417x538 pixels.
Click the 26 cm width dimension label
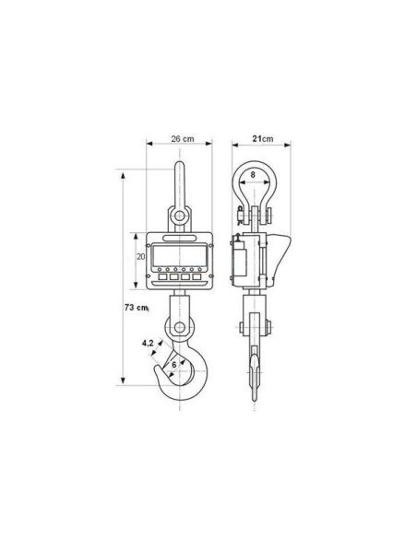[x=183, y=138]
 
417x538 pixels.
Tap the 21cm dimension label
[x=263, y=138]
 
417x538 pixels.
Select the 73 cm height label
[x=137, y=308]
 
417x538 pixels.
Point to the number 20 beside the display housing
[x=141, y=256]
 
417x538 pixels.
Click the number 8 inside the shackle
[x=253, y=175]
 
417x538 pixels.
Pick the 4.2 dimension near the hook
[x=148, y=343]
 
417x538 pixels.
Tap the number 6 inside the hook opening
[x=174, y=365]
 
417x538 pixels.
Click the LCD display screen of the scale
[x=179, y=254]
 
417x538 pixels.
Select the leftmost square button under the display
[x=162, y=276]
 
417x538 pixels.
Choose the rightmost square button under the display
[x=197, y=276]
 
